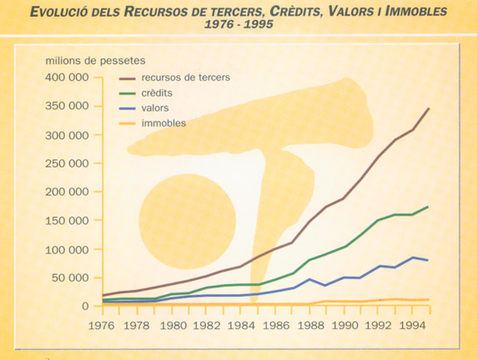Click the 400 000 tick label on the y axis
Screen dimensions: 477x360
(x=67, y=77)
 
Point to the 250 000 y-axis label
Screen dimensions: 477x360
(x=67, y=163)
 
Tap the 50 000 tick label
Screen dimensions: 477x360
(x=70, y=277)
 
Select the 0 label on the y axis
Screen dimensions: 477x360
(x=85, y=306)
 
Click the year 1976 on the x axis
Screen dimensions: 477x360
(x=101, y=326)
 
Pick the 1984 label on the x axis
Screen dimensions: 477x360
(x=241, y=326)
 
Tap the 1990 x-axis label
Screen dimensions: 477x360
(x=344, y=326)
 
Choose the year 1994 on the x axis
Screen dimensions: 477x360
(x=412, y=326)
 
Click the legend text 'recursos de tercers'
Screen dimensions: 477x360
(x=186, y=77)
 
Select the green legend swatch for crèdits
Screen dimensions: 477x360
(x=127, y=93)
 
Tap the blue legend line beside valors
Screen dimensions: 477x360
(x=127, y=108)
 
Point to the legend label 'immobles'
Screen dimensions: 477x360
(x=163, y=123)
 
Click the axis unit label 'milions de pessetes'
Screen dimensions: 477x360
(x=96, y=61)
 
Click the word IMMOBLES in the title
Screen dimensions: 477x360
(x=416, y=12)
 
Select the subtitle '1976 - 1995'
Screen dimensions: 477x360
(x=238, y=24)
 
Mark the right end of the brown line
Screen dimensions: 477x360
(x=429, y=108)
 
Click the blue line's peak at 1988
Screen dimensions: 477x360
(x=309, y=279)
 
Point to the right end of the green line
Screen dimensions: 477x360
(x=428, y=207)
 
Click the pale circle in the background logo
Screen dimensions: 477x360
(x=188, y=222)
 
